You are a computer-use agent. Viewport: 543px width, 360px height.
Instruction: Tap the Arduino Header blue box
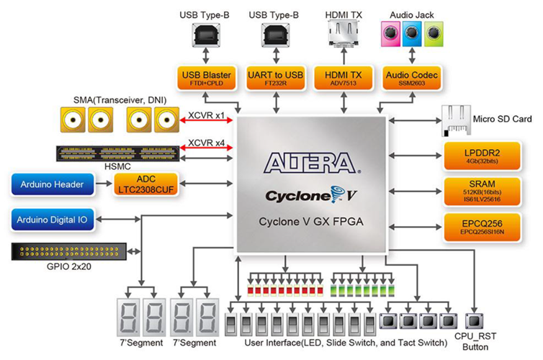(53, 185)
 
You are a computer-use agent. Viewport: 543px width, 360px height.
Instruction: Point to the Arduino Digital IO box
(53, 219)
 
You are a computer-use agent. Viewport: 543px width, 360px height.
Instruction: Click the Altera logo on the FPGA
(309, 163)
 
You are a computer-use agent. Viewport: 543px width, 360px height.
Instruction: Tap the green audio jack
(432, 32)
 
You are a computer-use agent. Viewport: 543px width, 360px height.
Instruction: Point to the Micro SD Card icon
(455, 118)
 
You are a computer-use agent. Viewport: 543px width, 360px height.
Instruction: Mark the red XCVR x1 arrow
(209, 125)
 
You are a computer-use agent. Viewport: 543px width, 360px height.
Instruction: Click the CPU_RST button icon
(475, 320)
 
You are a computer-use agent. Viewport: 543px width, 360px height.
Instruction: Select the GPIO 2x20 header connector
(69, 253)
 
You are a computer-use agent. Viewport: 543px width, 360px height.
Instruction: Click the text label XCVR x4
(206, 142)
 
